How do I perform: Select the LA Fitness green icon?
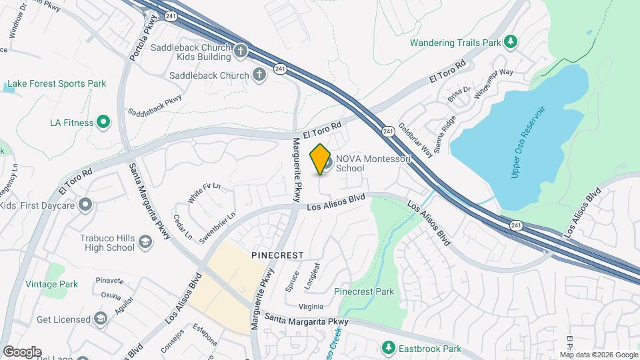tap(103, 122)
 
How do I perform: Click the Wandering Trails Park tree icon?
tap(511, 43)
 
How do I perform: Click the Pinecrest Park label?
tap(363, 291)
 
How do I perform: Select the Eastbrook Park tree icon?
tap(388, 347)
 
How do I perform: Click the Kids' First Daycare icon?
tap(85, 204)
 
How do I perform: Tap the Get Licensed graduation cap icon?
tap(101, 319)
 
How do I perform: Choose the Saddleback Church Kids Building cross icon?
tap(241, 50)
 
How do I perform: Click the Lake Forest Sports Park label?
tap(56, 84)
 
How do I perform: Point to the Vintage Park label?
tap(51, 284)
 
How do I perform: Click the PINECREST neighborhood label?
tap(277, 255)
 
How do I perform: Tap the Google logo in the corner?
tap(22, 351)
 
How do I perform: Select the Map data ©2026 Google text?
tap(598, 355)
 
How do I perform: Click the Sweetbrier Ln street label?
tap(217, 226)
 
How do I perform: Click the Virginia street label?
tap(310, 307)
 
